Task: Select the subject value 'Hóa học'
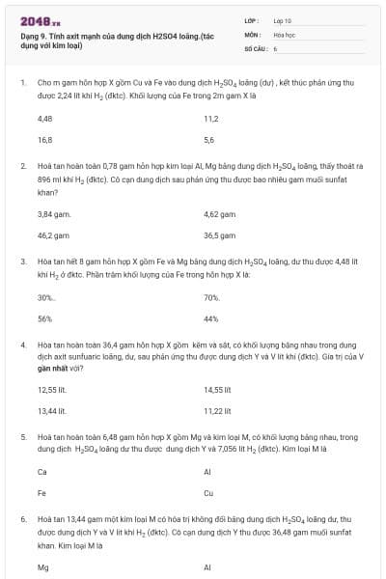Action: click(284, 34)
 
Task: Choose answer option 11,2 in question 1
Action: click(211, 119)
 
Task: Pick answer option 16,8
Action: click(44, 140)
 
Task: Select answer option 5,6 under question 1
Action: click(209, 140)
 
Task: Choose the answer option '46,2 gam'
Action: click(53, 234)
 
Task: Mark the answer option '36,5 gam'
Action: click(220, 234)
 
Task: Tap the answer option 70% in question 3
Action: click(212, 297)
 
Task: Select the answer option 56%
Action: click(44, 318)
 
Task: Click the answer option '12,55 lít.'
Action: click(56, 390)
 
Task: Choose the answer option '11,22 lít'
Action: click(219, 411)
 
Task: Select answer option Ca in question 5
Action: click(42, 473)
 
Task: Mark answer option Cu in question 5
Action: click(208, 494)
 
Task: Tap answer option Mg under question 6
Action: click(42, 567)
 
